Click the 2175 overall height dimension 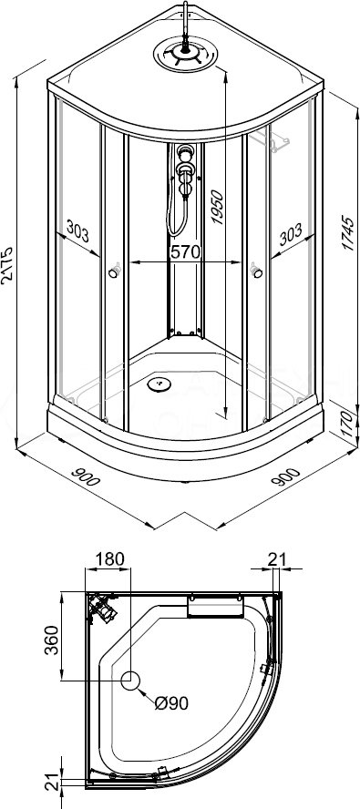coord(8,265)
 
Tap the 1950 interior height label coord(218,207)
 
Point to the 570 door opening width coord(185,252)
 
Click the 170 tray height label coord(349,424)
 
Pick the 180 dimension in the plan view coord(109,558)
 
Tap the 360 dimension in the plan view coord(51,640)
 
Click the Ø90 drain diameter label coord(171,702)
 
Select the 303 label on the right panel coord(291,236)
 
